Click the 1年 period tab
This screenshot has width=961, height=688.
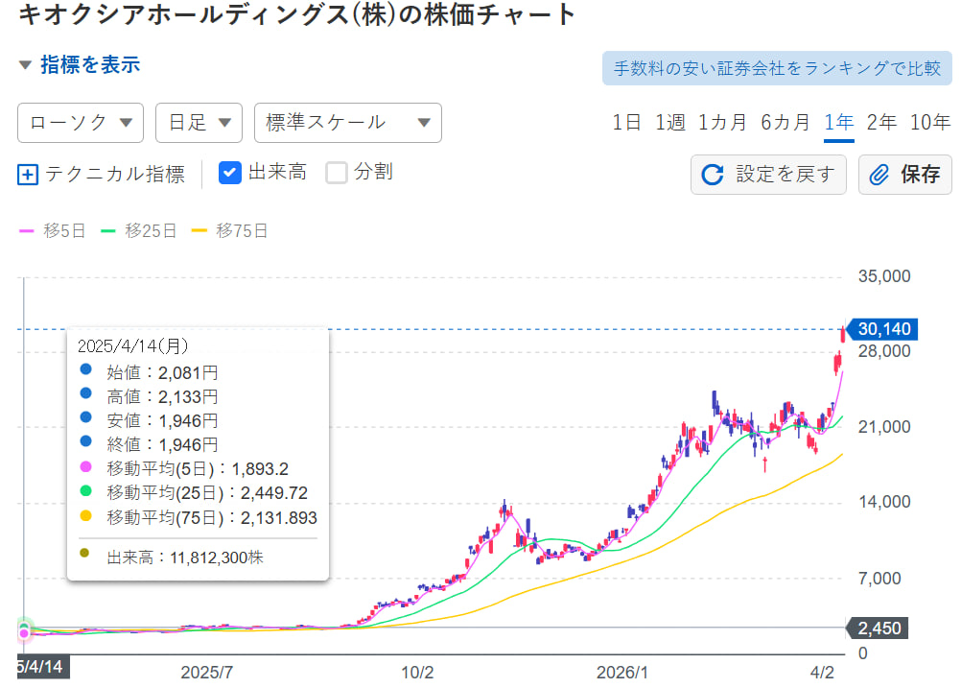click(x=838, y=122)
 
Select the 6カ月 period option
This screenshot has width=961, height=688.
click(x=785, y=122)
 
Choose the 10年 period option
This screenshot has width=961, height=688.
click(x=930, y=122)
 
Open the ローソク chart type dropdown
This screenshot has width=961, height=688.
click(x=81, y=123)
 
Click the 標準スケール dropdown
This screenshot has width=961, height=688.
click(x=347, y=123)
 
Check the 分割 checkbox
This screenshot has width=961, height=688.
click(x=337, y=173)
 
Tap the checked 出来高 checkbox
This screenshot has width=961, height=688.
click(x=230, y=173)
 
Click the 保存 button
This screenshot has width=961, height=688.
click(x=905, y=175)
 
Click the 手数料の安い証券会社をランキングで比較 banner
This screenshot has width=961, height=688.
click(x=777, y=69)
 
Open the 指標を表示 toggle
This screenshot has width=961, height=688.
click(x=80, y=64)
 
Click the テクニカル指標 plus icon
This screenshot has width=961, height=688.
click(x=28, y=175)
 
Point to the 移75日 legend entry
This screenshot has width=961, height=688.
click(x=230, y=230)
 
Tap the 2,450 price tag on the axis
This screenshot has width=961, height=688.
click(x=879, y=629)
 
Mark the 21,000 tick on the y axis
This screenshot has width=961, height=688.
click(x=882, y=427)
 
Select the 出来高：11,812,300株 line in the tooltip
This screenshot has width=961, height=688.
click(x=185, y=557)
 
